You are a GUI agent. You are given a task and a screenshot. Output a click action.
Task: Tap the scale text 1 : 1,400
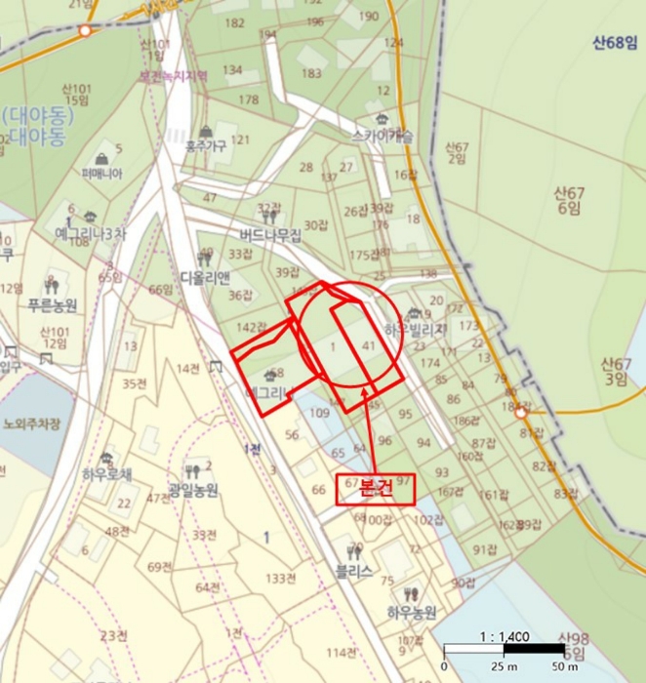click(x=505, y=637)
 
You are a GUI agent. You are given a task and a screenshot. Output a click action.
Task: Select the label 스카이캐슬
click(x=383, y=137)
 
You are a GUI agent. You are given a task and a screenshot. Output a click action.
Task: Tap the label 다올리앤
click(x=205, y=276)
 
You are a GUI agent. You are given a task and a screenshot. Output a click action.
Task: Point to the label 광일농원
click(x=194, y=489)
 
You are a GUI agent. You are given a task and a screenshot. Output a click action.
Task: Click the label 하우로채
click(x=106, y=475)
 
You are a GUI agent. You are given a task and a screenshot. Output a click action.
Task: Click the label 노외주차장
click(x=31, y=423)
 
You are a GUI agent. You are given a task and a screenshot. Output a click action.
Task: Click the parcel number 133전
click(x=281, y=579)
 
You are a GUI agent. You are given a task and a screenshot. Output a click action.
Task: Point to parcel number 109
click(x=320, y=414)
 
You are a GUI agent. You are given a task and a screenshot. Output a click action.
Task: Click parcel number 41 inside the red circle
click(x=368, y=345)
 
